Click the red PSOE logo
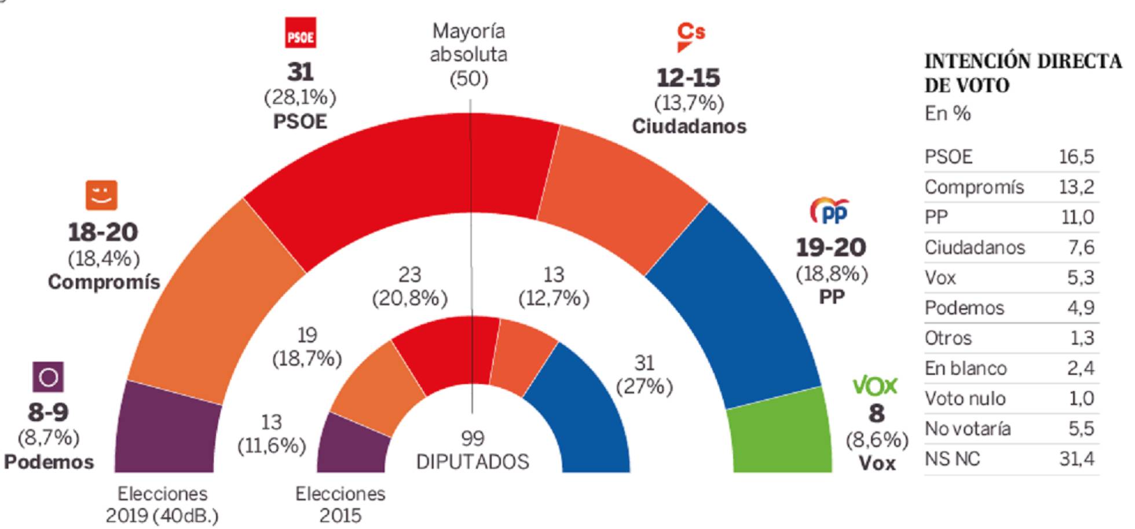pos(301,33)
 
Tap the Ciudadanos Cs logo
pos(690,36)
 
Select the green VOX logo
pos(874,386)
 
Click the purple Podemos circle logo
pos(48,377)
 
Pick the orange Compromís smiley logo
pos(101,195)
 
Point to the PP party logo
pos(829,211)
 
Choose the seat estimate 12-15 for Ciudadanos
pos(688,78)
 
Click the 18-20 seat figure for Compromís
pos(103,233)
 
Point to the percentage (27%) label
pos(644,386)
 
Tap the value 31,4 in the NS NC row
pos(1077,459)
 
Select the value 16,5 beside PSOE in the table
pos(1077,157)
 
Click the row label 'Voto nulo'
pos(965,399)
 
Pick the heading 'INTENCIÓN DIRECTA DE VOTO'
pos(1023,73)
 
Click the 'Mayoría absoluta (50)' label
pos(468,55)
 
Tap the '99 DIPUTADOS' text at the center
pos(473,450)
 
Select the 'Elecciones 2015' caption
pos(340,504)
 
